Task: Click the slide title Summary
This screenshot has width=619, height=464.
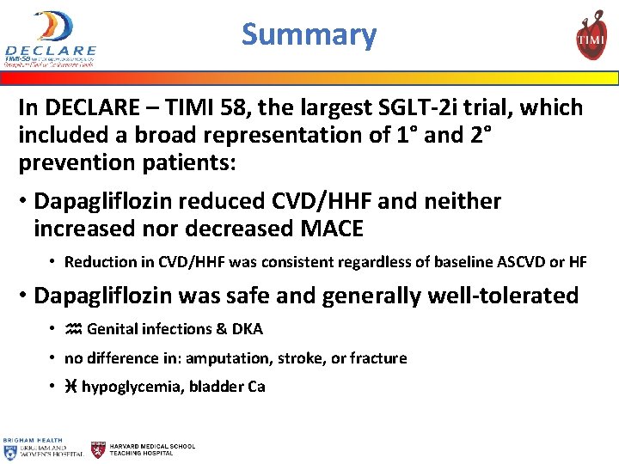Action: [x=309, y=35]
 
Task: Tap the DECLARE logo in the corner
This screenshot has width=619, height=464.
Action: [x=50, y=38]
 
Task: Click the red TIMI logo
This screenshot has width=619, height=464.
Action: [x=591, y=35]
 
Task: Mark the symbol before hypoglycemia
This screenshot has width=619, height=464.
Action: [x=71, y=387]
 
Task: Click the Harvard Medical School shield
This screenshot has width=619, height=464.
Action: [x=100, y=449]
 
